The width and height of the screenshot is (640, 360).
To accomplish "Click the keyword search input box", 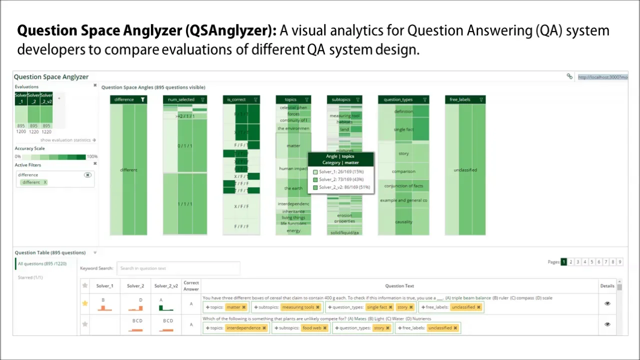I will click(178, 268).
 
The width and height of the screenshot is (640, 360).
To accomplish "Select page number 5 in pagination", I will click(592, 262).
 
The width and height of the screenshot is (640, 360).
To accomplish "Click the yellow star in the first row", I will click(85, 303).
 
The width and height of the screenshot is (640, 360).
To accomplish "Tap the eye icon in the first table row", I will click(607, 303).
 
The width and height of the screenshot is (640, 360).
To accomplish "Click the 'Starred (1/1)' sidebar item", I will click(30, 277).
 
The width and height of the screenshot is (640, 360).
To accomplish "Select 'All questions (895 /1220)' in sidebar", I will click(42, 264).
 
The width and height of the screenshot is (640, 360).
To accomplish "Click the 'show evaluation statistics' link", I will click(68, 140).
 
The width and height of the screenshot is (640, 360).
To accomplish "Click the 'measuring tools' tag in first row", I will click(300, 307).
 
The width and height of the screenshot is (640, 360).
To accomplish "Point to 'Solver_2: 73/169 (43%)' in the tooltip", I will click(341, 179).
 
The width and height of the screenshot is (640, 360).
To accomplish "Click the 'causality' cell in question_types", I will click(403, 222).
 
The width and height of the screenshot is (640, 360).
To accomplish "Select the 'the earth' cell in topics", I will click(293, 188).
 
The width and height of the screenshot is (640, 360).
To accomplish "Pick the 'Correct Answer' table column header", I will click(191, 286).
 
